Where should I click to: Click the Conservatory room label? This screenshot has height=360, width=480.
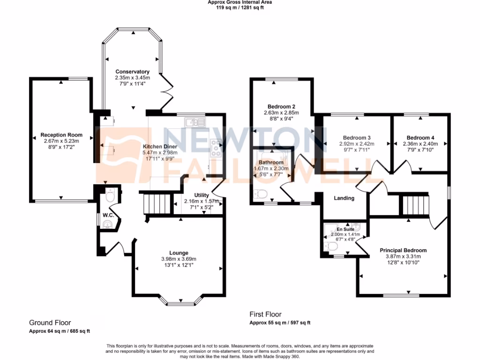coord(132,72)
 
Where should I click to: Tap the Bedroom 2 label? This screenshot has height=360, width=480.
coord(281,106)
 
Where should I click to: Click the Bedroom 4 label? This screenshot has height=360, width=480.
coord(420,137)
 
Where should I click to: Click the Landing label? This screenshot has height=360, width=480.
coord(344,198)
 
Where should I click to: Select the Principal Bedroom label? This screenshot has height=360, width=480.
coord(403,250)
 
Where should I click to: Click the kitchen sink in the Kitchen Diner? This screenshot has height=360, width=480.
coord(195,123)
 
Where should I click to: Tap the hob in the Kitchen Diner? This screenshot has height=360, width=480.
coord(216,148)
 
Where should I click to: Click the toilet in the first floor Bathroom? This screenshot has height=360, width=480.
coord(261,193)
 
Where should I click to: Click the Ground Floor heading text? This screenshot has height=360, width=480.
coord(50,322)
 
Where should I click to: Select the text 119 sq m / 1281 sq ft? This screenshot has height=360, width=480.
coord(240,7)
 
